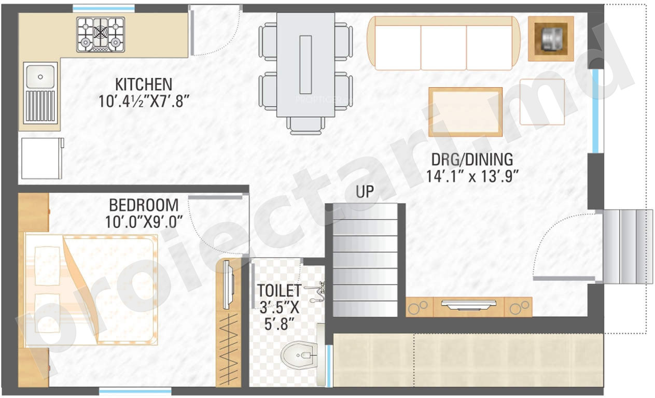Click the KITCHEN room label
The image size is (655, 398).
tap(144, 85)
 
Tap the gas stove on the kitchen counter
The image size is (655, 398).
tap(101, 35)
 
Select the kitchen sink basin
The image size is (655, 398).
tap(40, 77)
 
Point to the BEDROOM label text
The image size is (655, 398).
tap(144, 205)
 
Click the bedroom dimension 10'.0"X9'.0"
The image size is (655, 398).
tap(144, 222)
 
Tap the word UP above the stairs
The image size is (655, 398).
tap(365, 192)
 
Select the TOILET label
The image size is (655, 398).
tap(279, 290)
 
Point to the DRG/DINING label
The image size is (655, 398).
tap(472, 160)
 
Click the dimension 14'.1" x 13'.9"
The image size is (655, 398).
tap(472, 177)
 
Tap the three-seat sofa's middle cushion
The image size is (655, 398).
tap(443, 48)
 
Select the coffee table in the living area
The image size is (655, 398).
tap(466, 112)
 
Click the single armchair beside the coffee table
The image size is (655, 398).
tap(542, 102)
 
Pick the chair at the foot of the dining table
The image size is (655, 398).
tap(305, 125)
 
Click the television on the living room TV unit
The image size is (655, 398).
tap(469, 304)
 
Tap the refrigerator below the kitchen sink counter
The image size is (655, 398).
tap(42, 158)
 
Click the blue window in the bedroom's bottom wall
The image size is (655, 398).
tap(135, 391)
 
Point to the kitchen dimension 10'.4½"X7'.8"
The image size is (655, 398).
tap(144, 102)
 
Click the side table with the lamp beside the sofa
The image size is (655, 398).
tap(551, 39)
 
